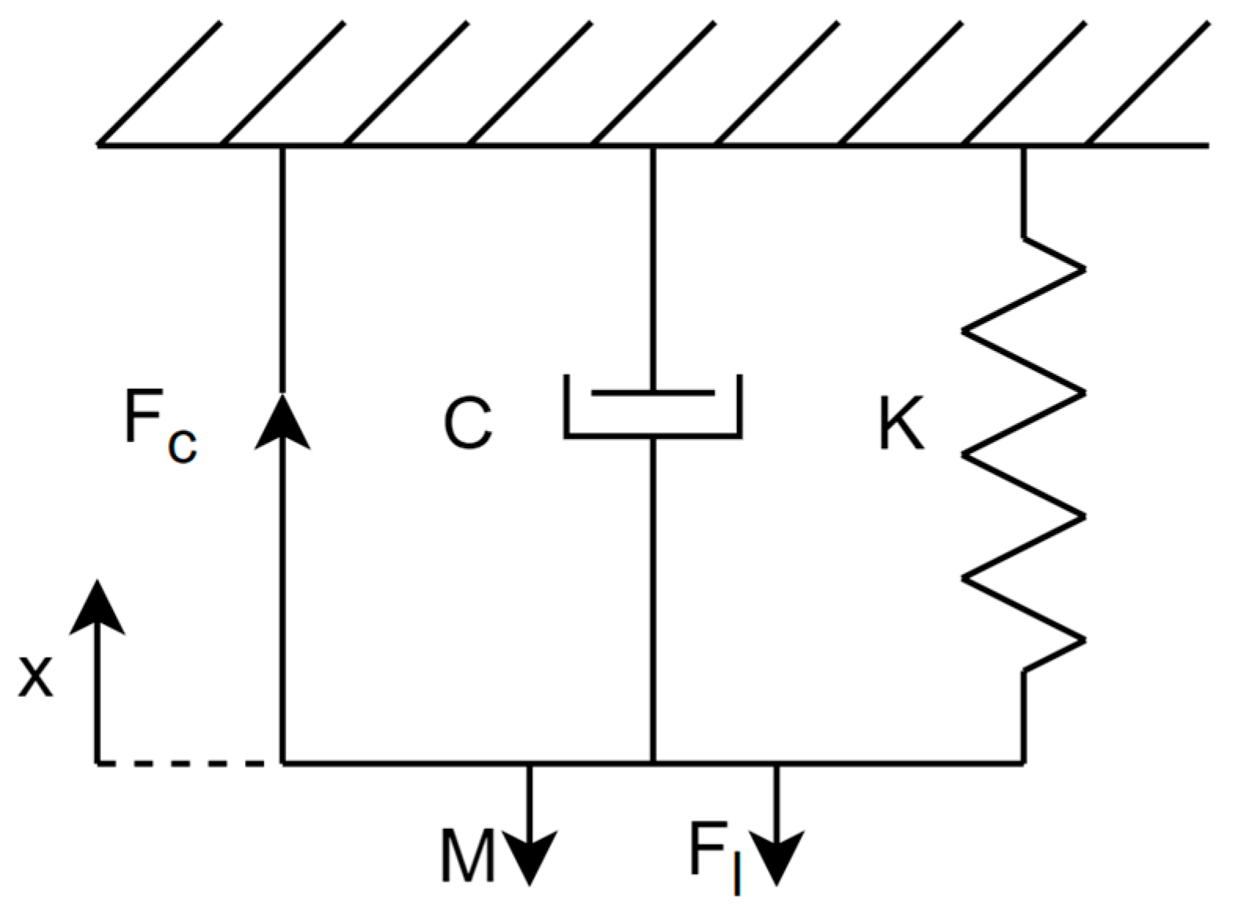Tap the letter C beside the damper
click(468, 424)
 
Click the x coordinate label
click(36, 677)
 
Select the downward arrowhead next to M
click(530, 857)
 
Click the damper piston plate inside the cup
click(653, 391)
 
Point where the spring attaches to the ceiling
click(1024, 147)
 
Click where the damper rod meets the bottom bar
click(653, 761)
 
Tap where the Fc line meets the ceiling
click(283, 147)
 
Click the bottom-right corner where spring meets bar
click(1023, 761)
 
